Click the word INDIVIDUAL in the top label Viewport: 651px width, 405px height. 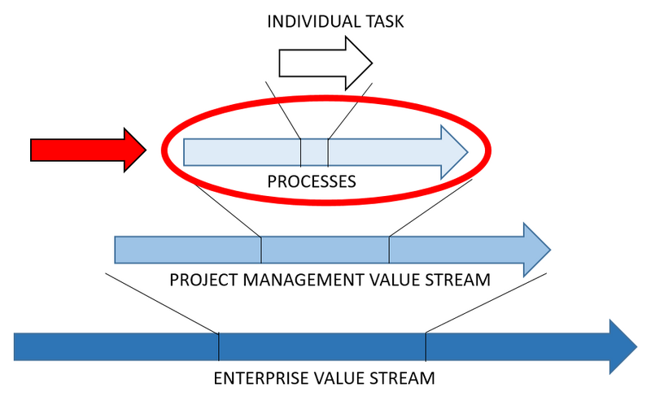click(313, 22)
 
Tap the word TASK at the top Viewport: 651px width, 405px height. click(384, 22)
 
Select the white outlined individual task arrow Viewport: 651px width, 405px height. click(325, 63)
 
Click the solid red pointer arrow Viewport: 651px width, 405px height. click(88, 150)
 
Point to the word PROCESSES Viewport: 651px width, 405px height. click(312, 181)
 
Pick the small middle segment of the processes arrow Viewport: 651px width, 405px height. click(314, 153)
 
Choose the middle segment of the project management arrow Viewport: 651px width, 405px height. click(325, 250)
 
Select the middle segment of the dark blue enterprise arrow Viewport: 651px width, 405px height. click(322, 347)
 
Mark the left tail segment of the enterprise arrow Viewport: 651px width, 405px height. click(116, 347)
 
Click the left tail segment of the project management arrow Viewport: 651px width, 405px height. click(188, 250)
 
